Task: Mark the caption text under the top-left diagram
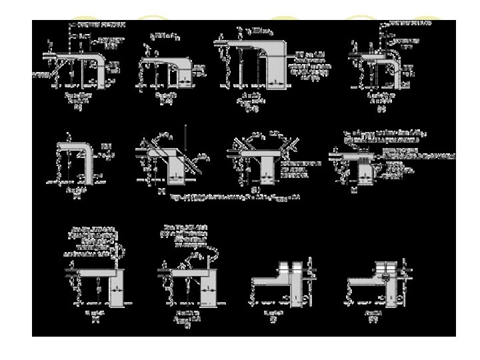click(x=78, y=100)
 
